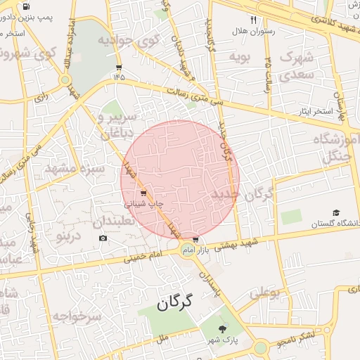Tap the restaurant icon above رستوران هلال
tap(253, 20)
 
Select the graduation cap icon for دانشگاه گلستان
tap(336, 212)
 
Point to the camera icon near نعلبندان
tap(103, 238)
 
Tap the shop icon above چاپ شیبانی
tap(144, 193)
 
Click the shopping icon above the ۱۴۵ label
tap(118, 67)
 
